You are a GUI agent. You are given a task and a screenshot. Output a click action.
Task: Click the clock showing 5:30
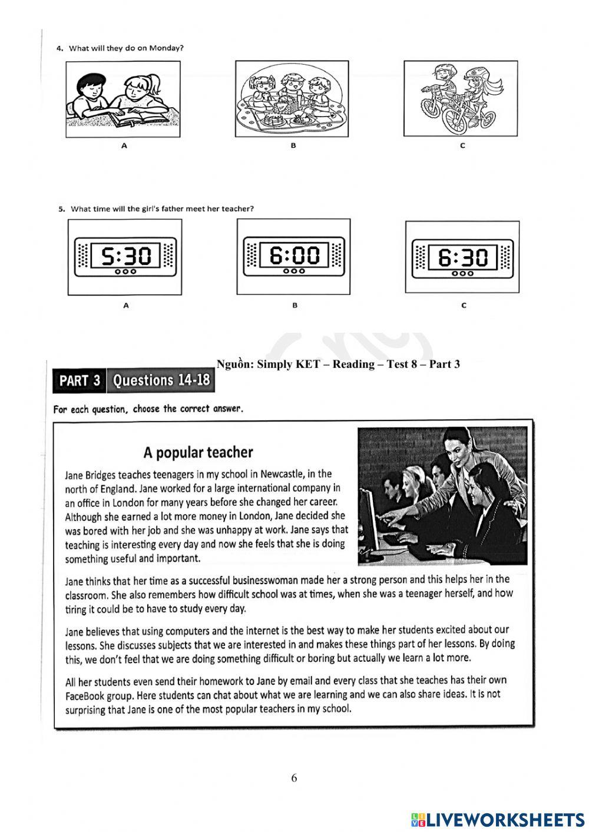(125, 257)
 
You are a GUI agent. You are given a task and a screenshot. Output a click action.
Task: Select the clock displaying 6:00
(293, 256)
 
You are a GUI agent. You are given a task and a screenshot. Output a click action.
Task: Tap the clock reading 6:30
(462, 257)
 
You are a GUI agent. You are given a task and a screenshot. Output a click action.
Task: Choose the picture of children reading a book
(123, 99)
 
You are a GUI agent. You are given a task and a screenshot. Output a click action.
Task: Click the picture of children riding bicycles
(461, 98)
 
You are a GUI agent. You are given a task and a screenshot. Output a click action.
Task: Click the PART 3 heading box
(80, 381)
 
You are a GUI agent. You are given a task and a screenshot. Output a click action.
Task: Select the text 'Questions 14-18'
(161, 380)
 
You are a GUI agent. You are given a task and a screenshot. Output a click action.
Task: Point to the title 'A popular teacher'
(198, 452)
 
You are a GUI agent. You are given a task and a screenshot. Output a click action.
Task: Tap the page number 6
(294, 778)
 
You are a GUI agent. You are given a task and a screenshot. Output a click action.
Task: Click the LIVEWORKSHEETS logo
(498, 819)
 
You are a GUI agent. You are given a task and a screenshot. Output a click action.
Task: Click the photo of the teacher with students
(442, 496)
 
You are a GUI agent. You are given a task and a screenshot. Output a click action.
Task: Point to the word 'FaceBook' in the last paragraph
(85, 695)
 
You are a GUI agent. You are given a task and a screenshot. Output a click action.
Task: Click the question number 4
(59, 48)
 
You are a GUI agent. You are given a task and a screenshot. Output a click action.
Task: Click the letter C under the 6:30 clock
(464, 305)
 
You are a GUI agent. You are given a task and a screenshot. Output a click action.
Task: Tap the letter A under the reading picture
(124, 145)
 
